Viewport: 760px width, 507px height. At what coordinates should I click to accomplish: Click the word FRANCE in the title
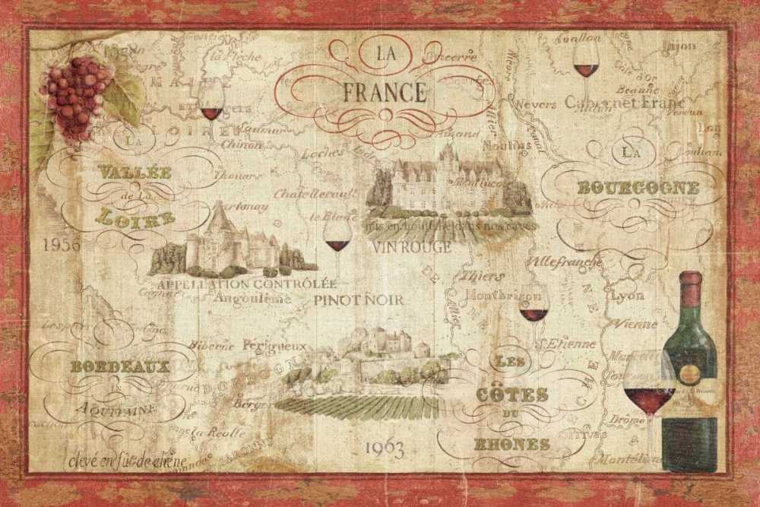pos(384,93)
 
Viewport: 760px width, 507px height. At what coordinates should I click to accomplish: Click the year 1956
pos(62,245)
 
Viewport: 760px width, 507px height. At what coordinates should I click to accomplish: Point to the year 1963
pos(384,448)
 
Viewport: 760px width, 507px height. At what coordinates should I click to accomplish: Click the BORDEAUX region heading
pos(119,367)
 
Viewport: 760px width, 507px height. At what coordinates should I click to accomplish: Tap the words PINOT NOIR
pos(359,299)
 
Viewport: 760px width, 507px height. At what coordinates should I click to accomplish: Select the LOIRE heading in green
pos(135,220)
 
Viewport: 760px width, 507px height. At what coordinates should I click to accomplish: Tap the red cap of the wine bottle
pos(690,280)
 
